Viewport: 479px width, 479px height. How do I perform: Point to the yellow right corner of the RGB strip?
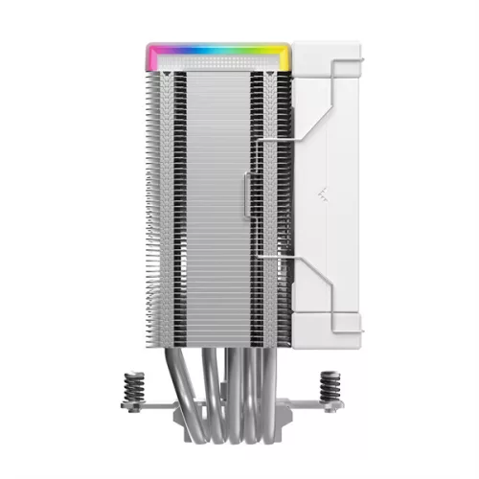click(285, 52)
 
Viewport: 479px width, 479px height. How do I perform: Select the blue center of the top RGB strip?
click(218, 44)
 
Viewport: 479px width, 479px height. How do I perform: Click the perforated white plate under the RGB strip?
click(218, 59)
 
